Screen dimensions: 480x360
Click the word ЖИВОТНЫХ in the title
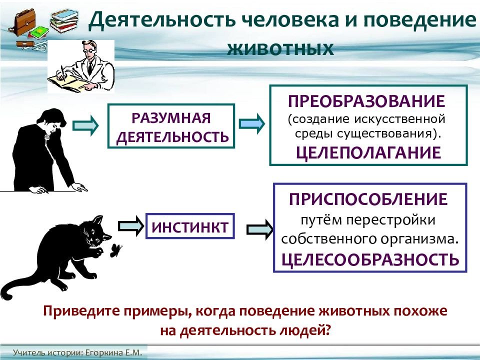[x=280, y=49]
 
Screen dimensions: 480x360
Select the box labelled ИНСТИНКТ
[x=190, y=226]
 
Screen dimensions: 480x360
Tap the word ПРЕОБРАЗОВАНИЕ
[x=366, y=101]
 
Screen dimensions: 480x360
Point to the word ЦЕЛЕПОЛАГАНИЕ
[x=368, y=152]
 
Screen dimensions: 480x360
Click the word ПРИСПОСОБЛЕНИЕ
[x=368, y=199]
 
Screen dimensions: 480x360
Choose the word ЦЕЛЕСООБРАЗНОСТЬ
[x=370, y=259]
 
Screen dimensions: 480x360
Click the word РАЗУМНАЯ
[x=171, y=118]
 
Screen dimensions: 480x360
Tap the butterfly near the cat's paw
[x=115, y=250]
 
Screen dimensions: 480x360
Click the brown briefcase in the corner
[x=22, y=22]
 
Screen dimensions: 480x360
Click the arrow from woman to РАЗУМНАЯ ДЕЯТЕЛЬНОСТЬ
[x=85, y=125]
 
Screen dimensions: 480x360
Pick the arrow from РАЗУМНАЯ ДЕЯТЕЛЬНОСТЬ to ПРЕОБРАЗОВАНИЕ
[x=251, y=123]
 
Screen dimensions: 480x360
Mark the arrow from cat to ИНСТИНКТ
[x=131, y=226]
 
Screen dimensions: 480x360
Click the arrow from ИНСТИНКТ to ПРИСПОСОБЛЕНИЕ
[x=259, y=229]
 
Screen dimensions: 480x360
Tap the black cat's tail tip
[x=6, y=296]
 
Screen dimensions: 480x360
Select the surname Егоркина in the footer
[x=104, y=352]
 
